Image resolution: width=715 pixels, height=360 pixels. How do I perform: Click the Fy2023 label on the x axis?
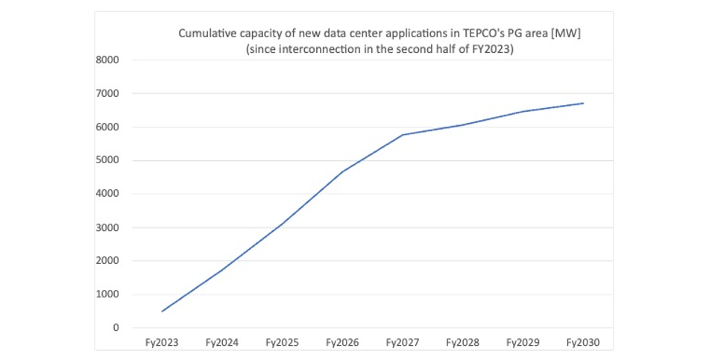coord(161,343)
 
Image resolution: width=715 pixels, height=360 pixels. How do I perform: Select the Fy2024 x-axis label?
coord(221,343)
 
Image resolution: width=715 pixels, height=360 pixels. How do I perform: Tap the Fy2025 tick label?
coord(282,343)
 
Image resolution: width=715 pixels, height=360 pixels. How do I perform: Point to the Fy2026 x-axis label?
coord(342,343)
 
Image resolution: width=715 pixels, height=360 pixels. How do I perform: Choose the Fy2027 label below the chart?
coord(403,343)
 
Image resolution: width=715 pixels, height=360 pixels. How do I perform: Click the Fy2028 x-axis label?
coord(463,343)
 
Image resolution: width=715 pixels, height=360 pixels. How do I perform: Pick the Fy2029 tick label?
coord(523,343)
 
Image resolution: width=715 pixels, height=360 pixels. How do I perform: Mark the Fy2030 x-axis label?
coord(583,343)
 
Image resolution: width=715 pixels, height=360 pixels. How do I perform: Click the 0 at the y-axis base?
coord(116,328)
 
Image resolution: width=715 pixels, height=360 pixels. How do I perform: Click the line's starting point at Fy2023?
coord(162,311)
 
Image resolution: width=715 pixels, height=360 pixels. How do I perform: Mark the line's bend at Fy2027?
coord(403,135)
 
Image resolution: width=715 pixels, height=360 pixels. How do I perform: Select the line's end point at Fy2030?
coord(583,104)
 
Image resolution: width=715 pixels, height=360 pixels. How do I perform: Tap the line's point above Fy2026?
coord(342,172)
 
